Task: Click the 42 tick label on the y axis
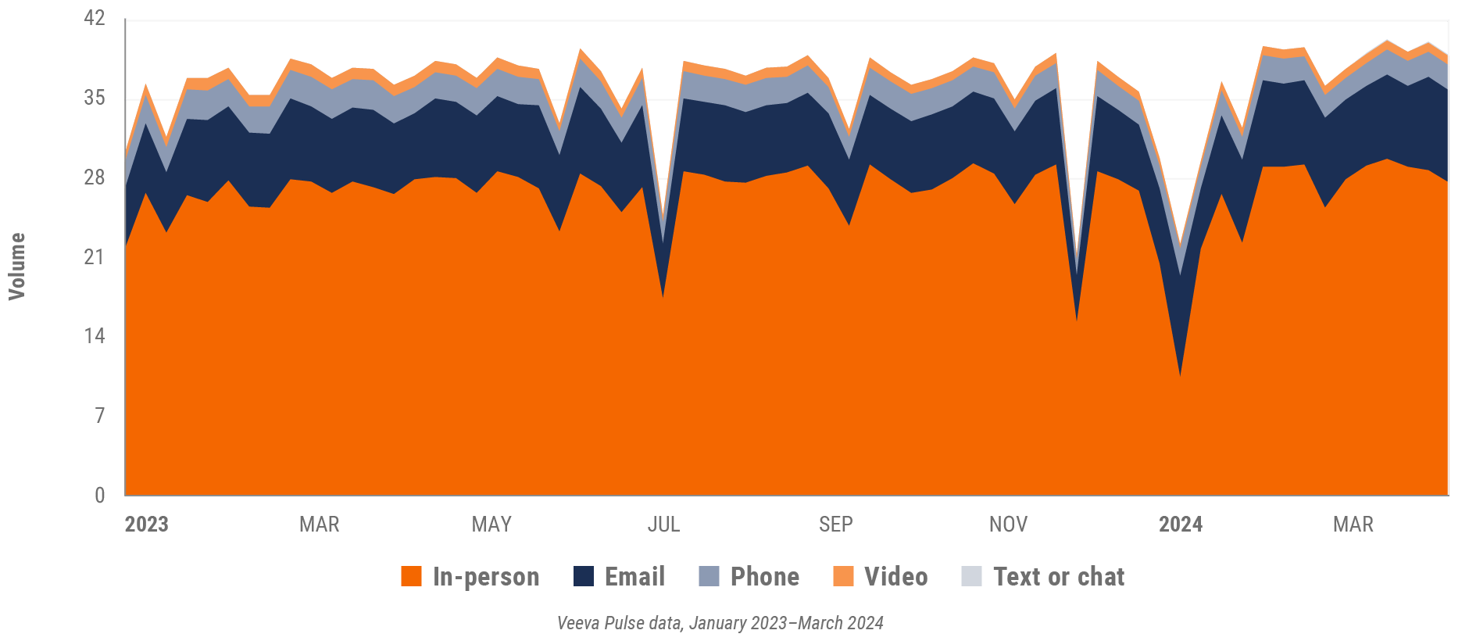[x=94, y=18]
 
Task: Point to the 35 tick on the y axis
[x=94, y=98]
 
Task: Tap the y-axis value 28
[x=94, y=177]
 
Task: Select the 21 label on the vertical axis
[x=94, y=256]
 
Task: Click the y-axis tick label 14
[x=94, y=336]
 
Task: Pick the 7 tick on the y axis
[x=99, y=415]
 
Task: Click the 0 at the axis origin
[x=99, y=495]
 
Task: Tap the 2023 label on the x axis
[x=146, y=525]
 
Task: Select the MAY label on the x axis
[x=491, y=525]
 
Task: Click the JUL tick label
[x=663, y=525]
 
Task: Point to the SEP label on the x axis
[x=835, y=525]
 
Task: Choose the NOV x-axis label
[x=1008, y=525]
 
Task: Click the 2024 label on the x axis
[x=1180, y=525]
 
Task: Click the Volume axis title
[x=17, y=266]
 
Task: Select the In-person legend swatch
[x=411, y=577]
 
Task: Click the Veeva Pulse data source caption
[x=720, y=623]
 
